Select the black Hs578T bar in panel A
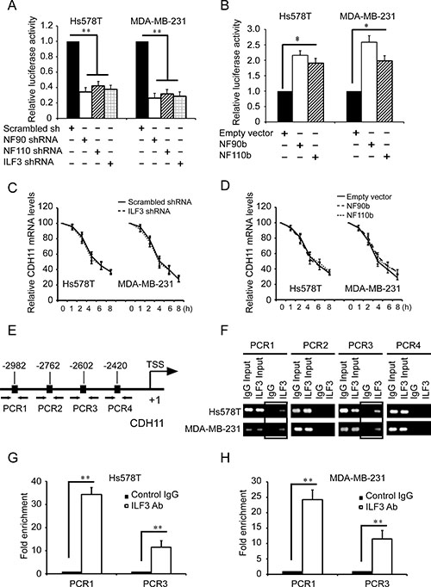[73, 80]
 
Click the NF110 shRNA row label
[33, 151]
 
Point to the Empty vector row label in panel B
[246, 133]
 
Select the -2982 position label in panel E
[14, 366]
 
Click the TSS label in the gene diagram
[155, 364]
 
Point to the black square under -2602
[84, 389]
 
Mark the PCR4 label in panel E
[120, 408]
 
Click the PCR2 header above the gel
[315, 345]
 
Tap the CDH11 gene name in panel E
[147, 423]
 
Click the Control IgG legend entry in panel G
[152, 495]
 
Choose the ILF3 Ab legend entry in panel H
[378, 507]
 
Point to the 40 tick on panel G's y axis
[36, 481]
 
